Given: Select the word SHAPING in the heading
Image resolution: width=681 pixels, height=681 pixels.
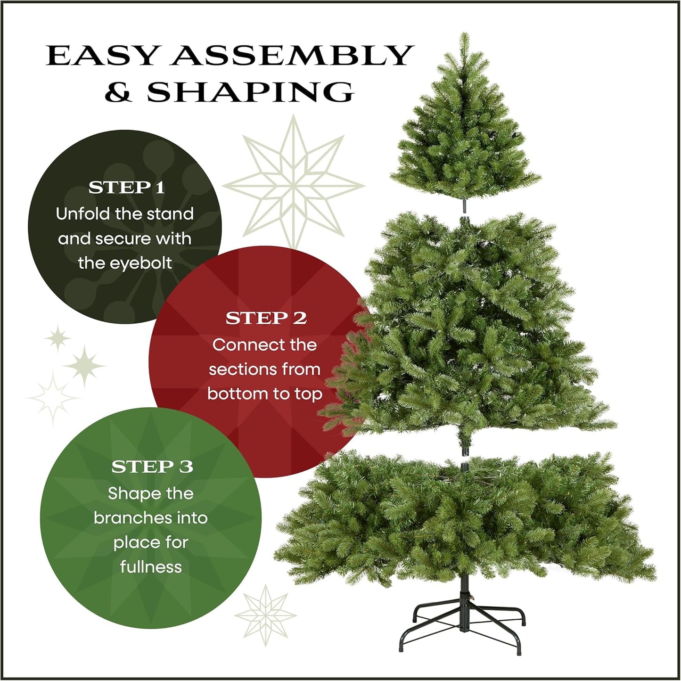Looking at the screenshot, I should (x=250, y=92).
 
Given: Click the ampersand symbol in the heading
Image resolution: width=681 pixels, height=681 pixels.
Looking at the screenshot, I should (x=118, y=92).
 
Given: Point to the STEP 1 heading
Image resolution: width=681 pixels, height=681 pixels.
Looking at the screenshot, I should (x=126, y=188).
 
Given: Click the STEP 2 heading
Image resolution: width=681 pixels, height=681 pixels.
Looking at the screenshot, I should (x=266, y=318).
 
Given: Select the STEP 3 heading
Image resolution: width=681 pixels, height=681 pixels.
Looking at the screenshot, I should (x=152, y=467).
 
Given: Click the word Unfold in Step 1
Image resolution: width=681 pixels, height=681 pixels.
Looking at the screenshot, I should (x=82, y=214).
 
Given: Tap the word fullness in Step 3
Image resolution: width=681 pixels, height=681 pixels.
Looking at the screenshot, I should (x=151, y=566).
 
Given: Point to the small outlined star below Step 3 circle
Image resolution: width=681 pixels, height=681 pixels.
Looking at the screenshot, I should (x=266, y=615).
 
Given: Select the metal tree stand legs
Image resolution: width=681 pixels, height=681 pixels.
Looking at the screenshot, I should (x=464, y=622).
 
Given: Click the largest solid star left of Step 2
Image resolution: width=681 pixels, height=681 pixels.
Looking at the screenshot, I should (x=84, y=366).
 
